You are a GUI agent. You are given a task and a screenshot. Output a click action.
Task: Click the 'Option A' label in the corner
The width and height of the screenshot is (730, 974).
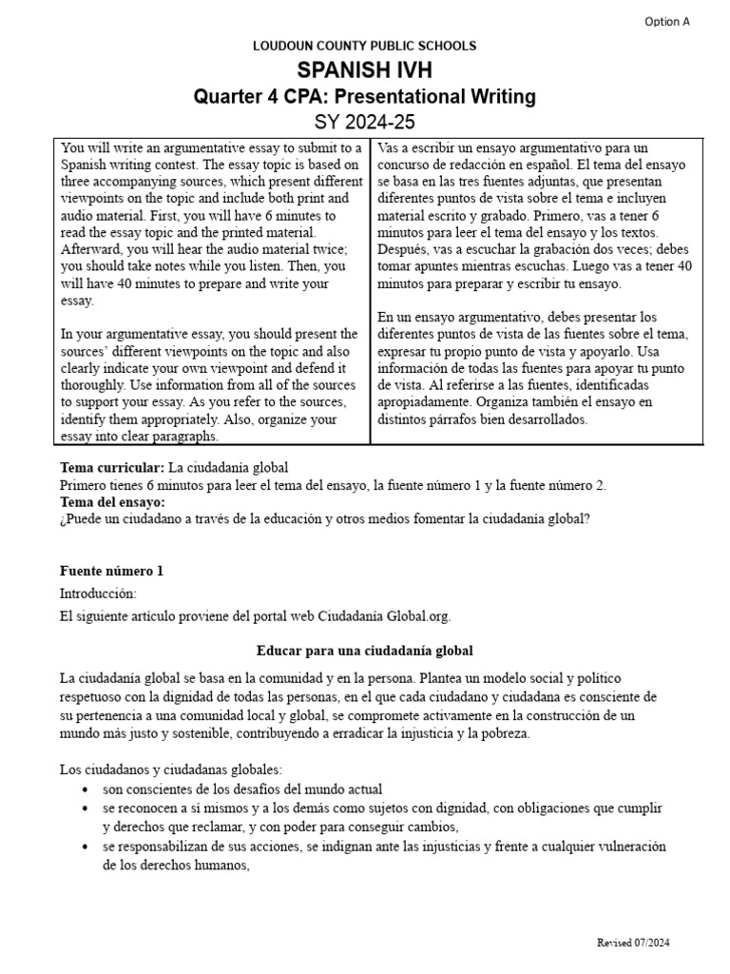[x=667, y=21]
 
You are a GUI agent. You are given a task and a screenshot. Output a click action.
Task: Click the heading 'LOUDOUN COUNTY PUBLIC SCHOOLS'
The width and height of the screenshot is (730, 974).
[x=364, y=46]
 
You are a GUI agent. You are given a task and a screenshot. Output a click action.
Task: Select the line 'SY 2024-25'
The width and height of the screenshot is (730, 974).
[x=365, y=122]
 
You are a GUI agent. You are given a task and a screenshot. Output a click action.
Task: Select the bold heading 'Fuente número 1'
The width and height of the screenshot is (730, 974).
[x=111, y=571]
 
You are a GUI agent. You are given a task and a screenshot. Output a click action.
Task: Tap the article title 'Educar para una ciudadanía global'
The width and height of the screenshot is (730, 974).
[x=365, y=651]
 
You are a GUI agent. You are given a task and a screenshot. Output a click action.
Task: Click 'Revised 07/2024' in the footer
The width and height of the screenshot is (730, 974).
[x=633, y=943]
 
